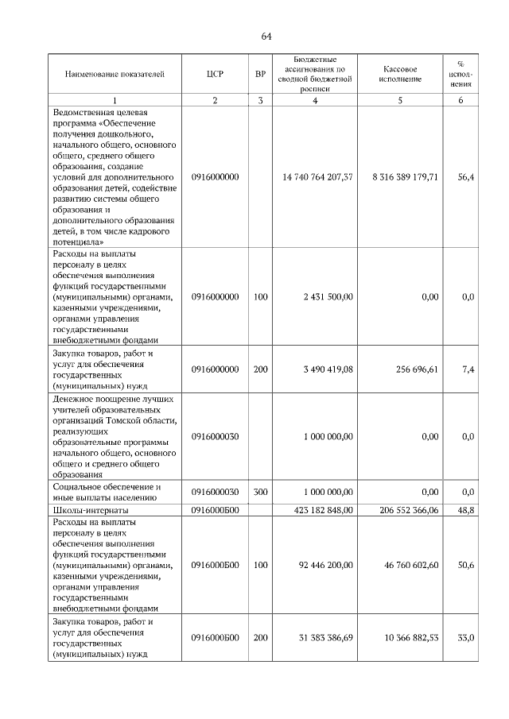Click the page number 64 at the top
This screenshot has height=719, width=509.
pyautogui.click(x=266, y=37)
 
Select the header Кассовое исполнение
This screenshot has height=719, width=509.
pyautogui.click(x=400, y=74)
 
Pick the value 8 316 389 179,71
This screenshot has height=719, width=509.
pyautogui.click(x=405, y=177)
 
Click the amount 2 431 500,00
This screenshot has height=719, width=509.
pyautogui.click(x=328, y=296)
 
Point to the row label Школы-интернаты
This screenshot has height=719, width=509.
pyautogui.click(x=90, y=510)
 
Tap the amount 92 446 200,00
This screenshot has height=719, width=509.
pyautogui.click(x=325, y=565)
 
